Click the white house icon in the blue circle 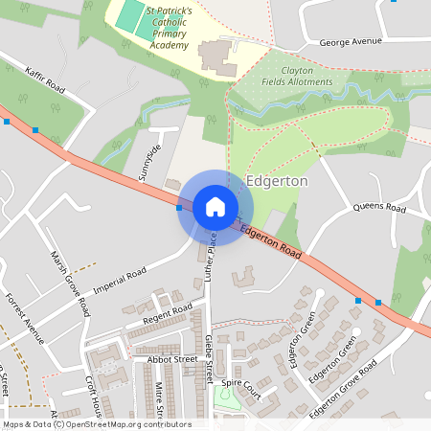point(215,207)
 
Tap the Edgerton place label point(277,181)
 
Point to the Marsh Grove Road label point(71,283)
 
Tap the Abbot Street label point(172,359)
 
